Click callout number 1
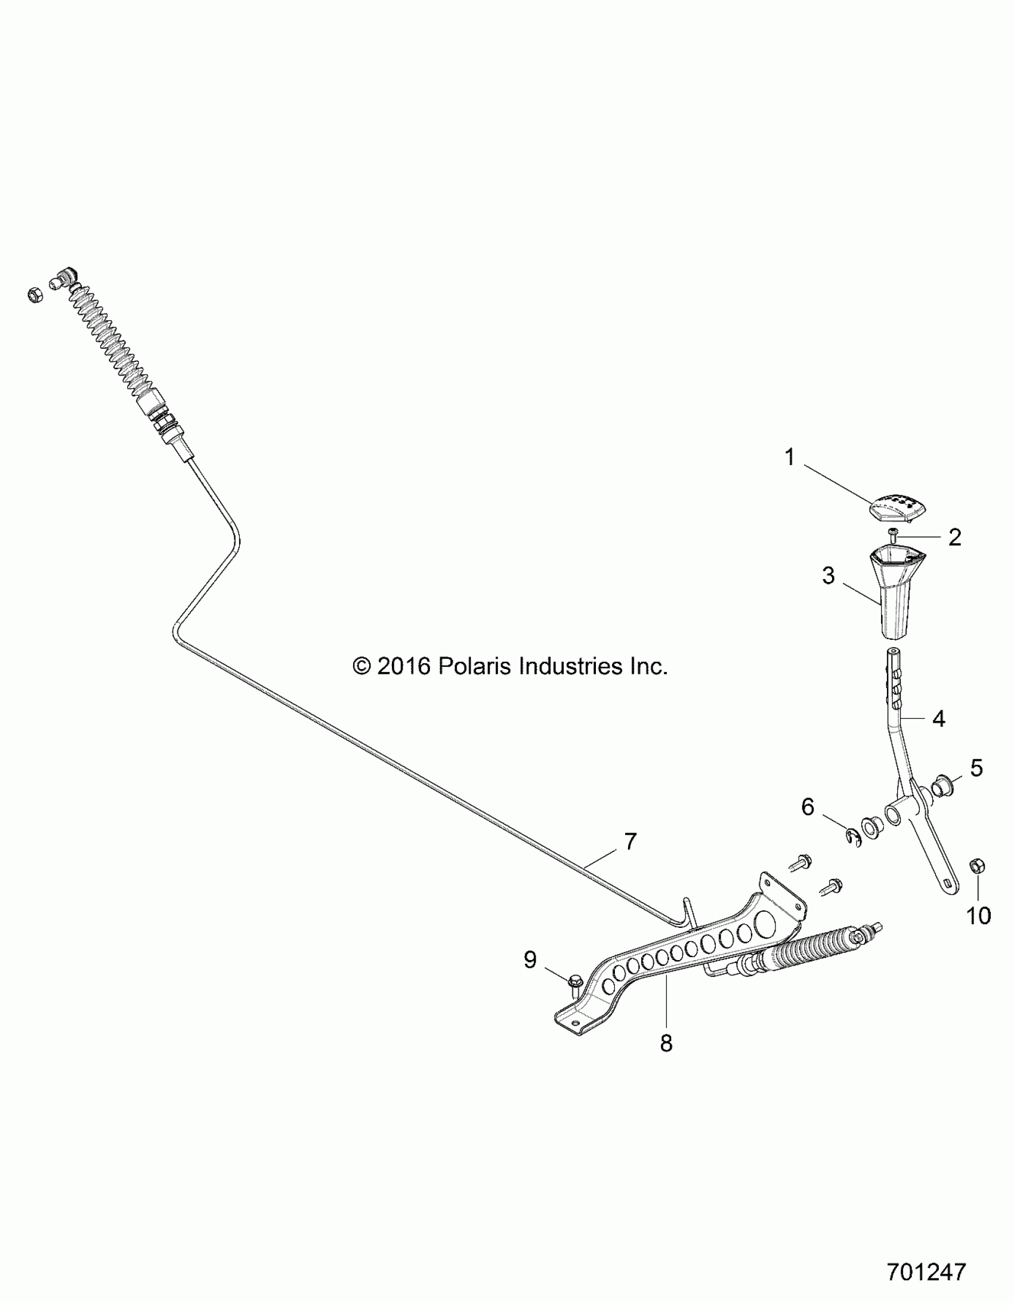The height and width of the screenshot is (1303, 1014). click(790, 458)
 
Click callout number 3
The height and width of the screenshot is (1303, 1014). click(828, 576)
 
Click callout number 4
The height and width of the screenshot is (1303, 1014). click(939, 720)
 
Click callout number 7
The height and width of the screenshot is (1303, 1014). click(630, 842)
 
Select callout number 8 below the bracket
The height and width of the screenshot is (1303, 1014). click(666, 1043)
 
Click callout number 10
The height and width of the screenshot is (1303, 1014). click(978, 915)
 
